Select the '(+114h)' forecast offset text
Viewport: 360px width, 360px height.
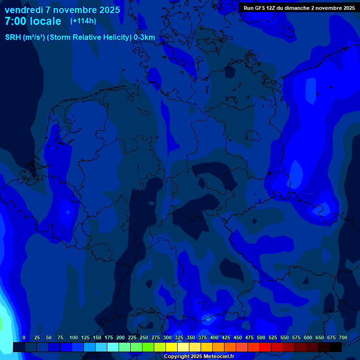[x=83, y=21]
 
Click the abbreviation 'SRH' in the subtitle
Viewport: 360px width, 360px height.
[x=13, y=37]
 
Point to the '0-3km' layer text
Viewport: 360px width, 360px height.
[x=144, y=37]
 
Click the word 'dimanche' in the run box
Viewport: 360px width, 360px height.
[x=296, y=8]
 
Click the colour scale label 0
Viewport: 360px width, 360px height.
[x=24, y=338]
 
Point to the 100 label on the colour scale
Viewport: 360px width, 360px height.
[x=74, y=338]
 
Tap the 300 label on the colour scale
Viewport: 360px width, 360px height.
[x=167, y=338]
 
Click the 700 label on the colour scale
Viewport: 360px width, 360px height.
[x=343, y=338]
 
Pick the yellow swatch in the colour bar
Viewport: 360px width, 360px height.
[x=172, y=347]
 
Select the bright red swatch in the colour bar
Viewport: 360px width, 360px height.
[x=265, y=347]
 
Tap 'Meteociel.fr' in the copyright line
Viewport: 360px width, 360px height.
[x=218, y=357]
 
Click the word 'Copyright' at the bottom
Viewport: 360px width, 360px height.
[x=177, y=357]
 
